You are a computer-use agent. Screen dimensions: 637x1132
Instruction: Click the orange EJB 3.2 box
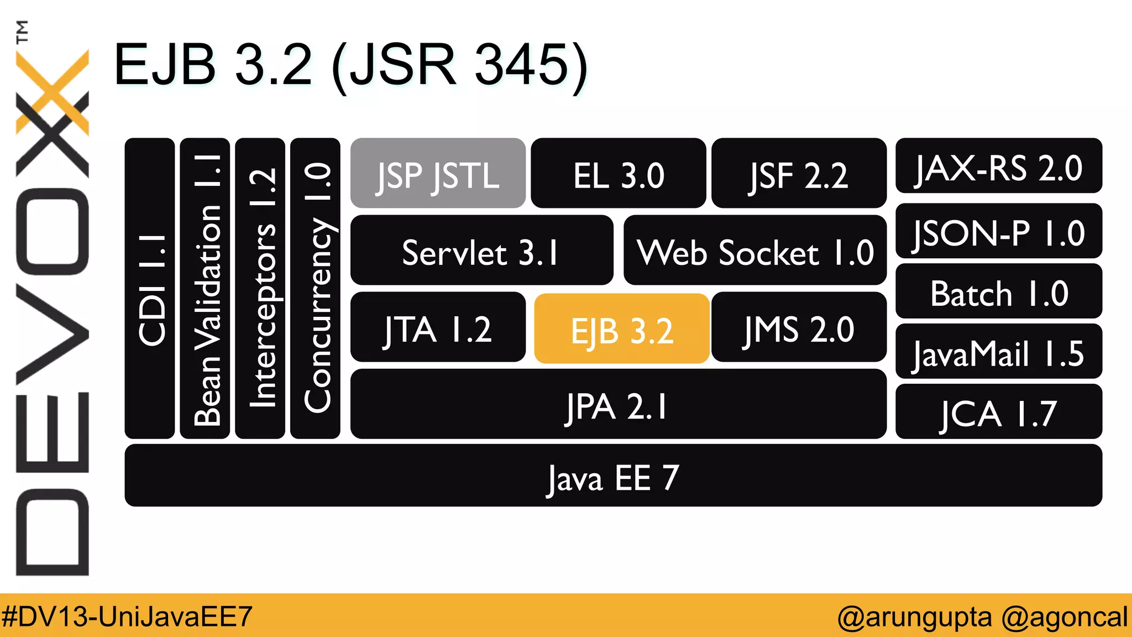click(x=622, y=328)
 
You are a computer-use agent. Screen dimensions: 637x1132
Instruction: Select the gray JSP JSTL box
click(x=438, y=173)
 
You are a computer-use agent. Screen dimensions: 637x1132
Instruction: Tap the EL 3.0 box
click(x=618, y=173)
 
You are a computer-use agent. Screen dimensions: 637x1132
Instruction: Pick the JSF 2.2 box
click(x=799, y=173)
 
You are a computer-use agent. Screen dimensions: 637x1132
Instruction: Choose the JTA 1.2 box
click(x=438, y=327)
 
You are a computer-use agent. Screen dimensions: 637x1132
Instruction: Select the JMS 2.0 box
click(x=799, y=327)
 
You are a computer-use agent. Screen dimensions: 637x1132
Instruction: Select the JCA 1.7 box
click(x=998, y=412)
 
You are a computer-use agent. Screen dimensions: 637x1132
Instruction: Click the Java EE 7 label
click(x=613, y=477)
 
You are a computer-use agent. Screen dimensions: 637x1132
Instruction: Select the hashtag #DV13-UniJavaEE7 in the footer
click(x=127, y=616)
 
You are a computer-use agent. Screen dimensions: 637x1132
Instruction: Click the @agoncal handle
click(x=1064, y=616)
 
